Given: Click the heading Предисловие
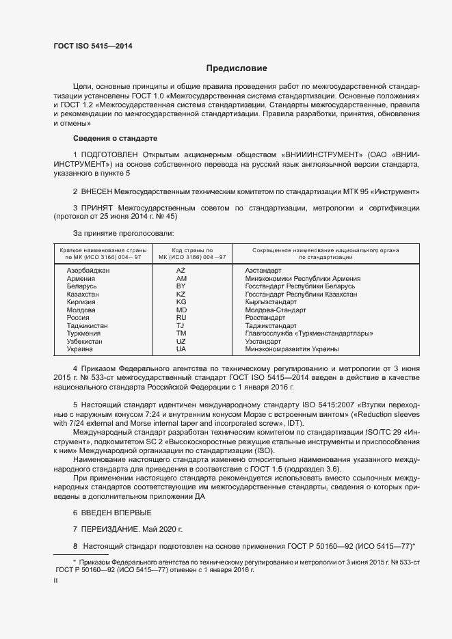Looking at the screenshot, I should coord(237,68).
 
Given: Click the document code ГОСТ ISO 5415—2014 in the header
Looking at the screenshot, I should coord(93,46).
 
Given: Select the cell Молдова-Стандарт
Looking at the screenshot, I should coord(276,310).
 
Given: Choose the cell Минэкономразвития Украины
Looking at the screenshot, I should coord(292,349).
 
